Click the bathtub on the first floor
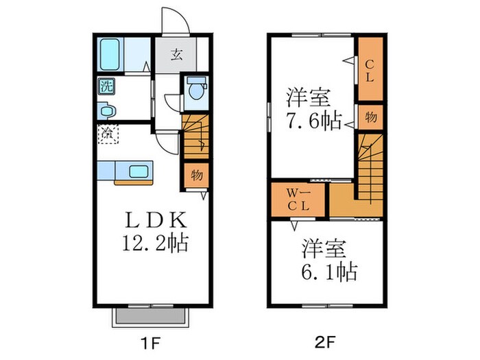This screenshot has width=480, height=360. click(110, 55)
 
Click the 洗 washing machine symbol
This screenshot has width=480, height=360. click(106, 87)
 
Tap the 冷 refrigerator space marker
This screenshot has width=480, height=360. click(108, 134)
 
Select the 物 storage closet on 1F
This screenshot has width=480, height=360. click(195, 176)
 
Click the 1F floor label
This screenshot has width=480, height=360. click(151, 340)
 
